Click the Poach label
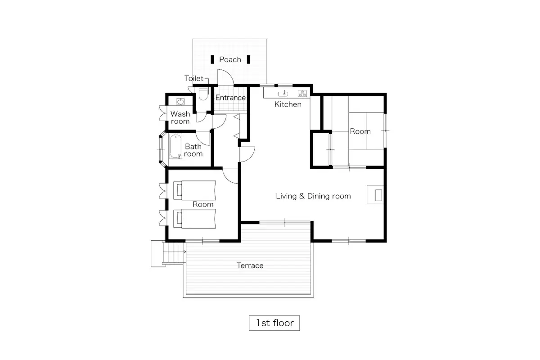point(230,59)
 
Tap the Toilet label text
point(194,78)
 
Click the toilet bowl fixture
point(203,94)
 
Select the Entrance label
point(230,98)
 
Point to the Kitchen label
point(288,104)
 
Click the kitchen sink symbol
point(284,94)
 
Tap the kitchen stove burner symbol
point(302,94)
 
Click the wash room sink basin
point(180,102)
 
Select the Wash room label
point(180,117)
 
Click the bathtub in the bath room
point(175,147)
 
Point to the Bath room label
point(193,150)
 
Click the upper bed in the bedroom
point(194,190)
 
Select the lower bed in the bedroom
point(194,219)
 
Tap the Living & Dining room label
point(313,196)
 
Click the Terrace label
point(250,265)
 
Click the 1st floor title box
point(274,323)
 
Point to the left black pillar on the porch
point(212,59)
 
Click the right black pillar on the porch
point(248,59)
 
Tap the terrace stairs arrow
point(184,252)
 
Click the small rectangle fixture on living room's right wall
point(378,195)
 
